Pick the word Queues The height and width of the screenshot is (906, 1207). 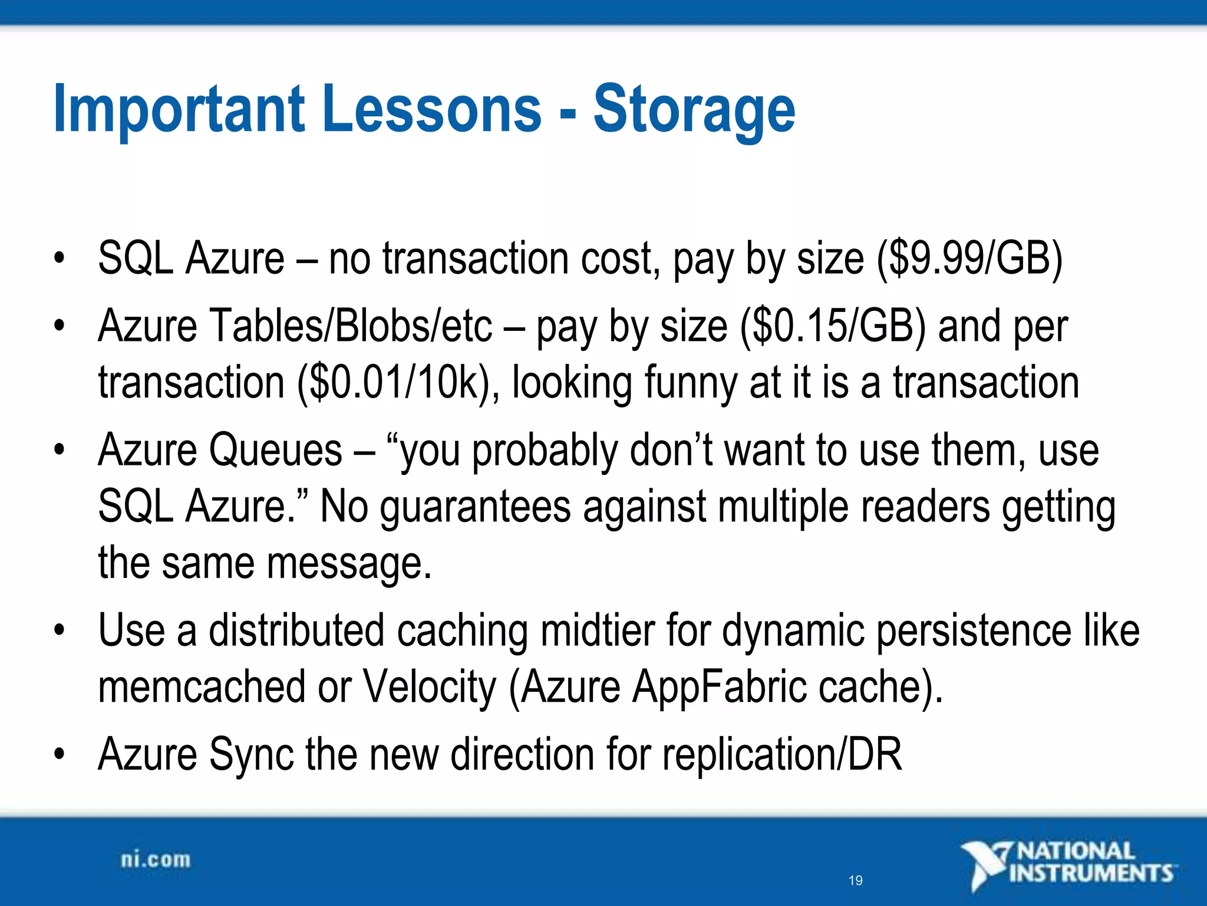(275, 451)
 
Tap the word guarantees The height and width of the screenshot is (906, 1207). (475, 507)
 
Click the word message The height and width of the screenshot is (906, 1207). (348, 564)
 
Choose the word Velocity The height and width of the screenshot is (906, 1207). (429, 687)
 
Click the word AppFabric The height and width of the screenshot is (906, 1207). (718, 687)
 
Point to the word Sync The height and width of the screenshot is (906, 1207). (251, 754)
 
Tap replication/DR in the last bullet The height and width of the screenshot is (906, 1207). (781, 754)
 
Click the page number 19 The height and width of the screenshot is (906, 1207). (855, 881)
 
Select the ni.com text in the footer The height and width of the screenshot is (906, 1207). (156, 860)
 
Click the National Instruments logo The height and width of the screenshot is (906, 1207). (1067, 864)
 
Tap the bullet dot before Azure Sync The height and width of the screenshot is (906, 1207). (58, 754)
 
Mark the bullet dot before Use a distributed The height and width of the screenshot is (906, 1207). (58, 631)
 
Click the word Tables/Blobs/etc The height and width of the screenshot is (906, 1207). (351, 326)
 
